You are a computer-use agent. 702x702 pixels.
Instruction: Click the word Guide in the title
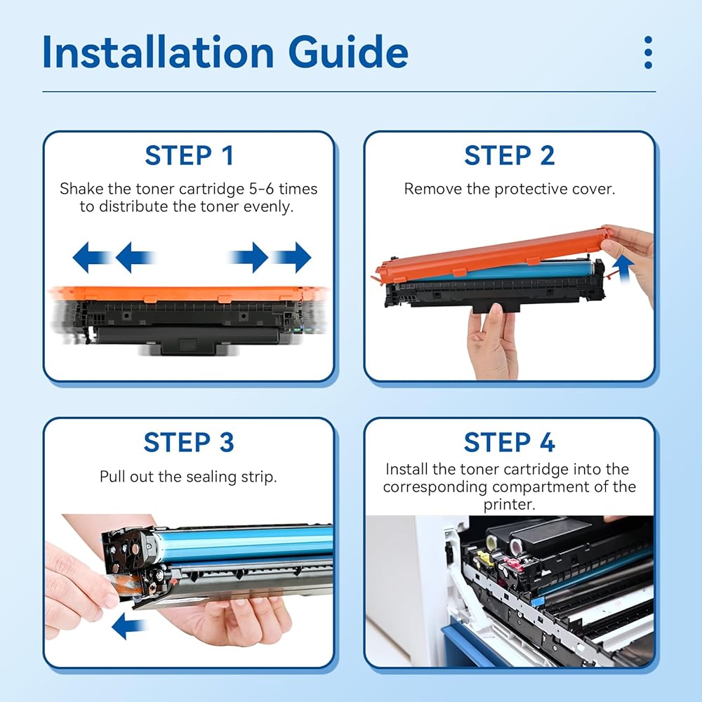point(348,53)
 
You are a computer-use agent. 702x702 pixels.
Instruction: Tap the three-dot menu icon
point(648,53)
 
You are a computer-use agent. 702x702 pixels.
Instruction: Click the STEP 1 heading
point(189,156)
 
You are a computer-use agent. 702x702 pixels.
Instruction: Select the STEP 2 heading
point(510,156)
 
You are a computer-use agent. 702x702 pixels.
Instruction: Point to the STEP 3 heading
point(189,442)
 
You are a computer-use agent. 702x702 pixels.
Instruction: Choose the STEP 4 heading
point(510,442)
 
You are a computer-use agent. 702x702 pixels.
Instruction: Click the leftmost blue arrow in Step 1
point(92,258)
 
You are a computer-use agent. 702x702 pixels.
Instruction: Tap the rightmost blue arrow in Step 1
point(292,258)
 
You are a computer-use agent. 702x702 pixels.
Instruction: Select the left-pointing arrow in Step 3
point(128,626)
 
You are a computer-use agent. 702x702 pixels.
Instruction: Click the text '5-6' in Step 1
point(261,189)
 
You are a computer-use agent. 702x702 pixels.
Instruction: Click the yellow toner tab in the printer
point(484,559)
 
